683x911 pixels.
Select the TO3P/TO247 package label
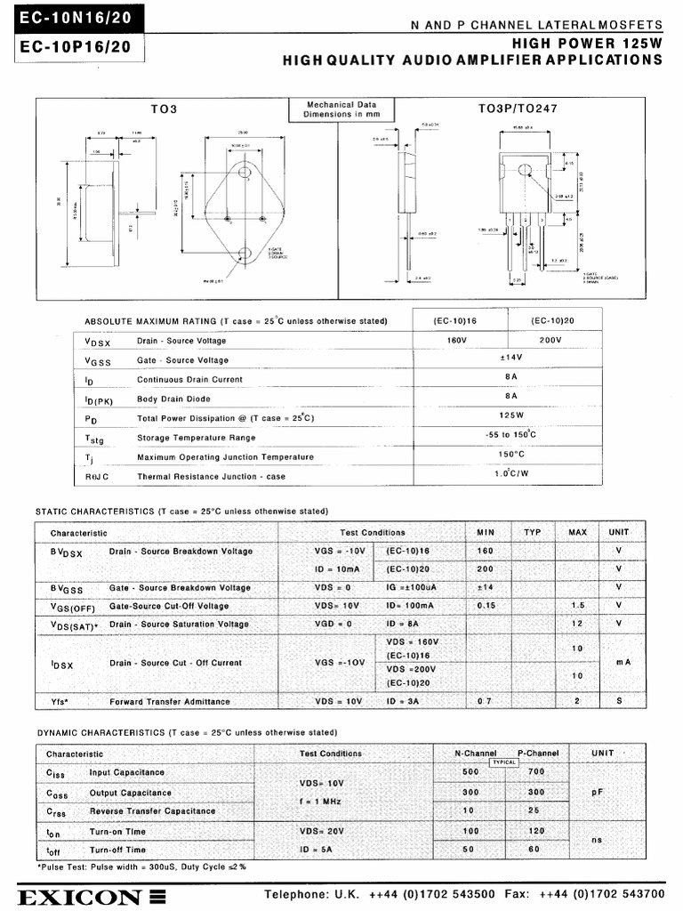pos(518,109)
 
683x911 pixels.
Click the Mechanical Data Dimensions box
pos(341,109)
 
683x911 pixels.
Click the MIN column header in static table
pos(486,532)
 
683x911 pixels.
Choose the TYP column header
pos(532,532)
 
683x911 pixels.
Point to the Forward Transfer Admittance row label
pos(169,702)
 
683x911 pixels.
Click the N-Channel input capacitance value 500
pos(470,771)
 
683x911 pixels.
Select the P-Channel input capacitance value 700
pos(535,771)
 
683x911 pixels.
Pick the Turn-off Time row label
pos(117,850)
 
